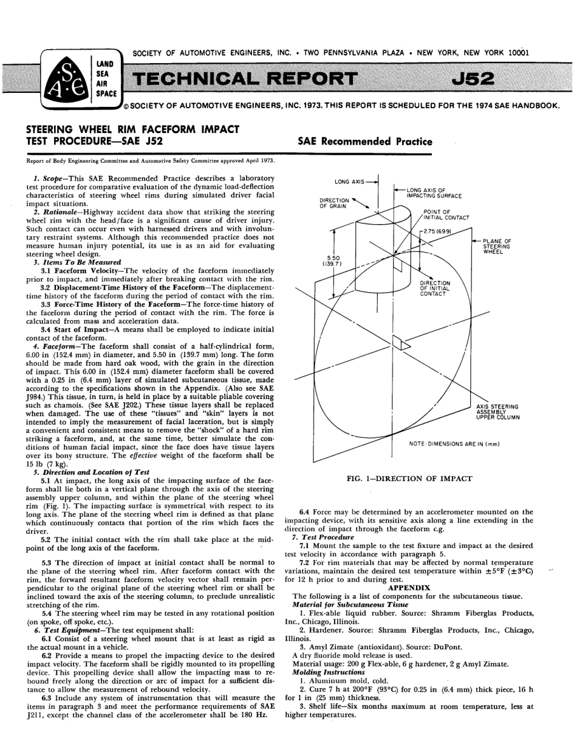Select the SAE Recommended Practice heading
click(365, 142)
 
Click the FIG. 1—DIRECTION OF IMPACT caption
click(409, 479)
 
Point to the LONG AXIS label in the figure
click(349, 182)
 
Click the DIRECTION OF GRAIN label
click(334, 203)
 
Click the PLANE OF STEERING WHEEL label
click(497, 246)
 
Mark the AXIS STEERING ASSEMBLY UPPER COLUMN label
click(497, 412)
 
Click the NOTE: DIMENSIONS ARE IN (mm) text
click(454, 444)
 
